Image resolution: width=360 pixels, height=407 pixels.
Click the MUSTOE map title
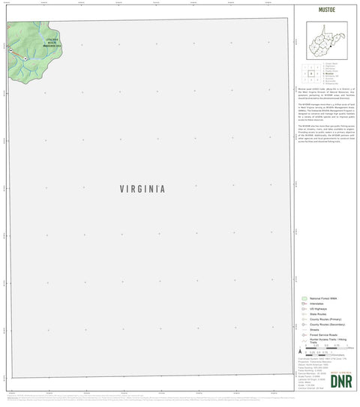pyautogui.click(x=325, y=12)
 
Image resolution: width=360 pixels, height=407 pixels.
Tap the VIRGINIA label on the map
pyautogui.click(x=142, y=190)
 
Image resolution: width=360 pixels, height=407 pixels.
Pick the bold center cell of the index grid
pyautogui.click(x=310, y=73)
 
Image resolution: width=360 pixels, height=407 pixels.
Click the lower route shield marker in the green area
pyautogui.click(x=25, y=58)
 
